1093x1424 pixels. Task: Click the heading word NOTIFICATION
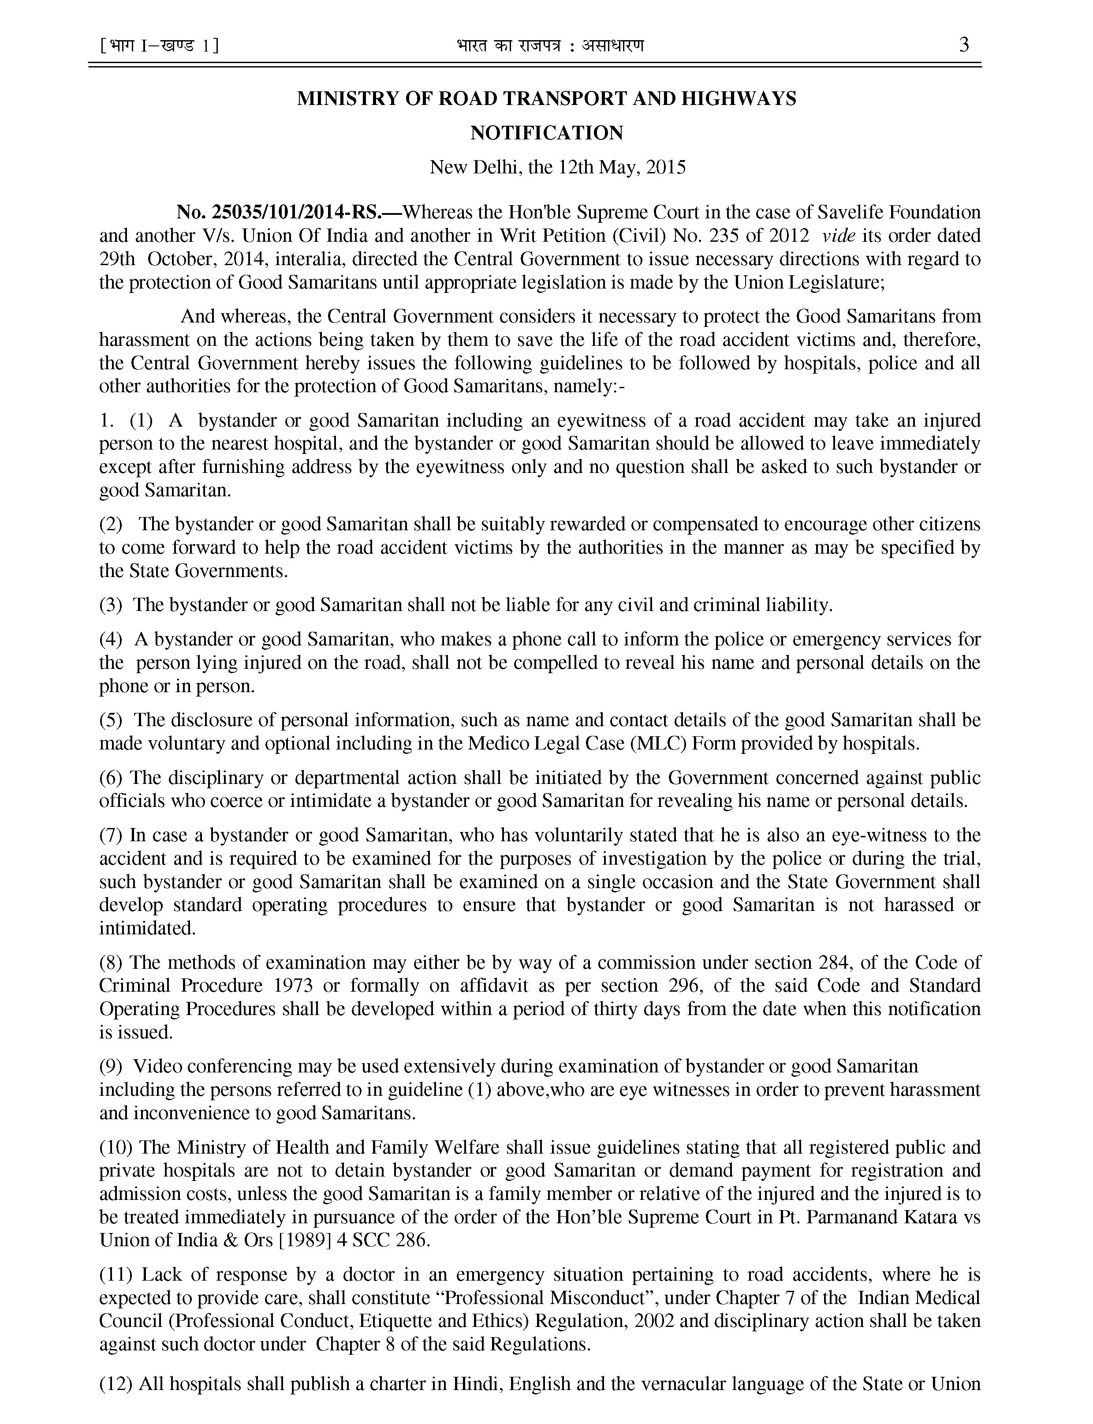[547, 133]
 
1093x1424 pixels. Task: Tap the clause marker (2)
[111, 524]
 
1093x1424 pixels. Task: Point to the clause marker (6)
[111, 778]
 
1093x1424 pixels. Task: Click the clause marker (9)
[111, 1067]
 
